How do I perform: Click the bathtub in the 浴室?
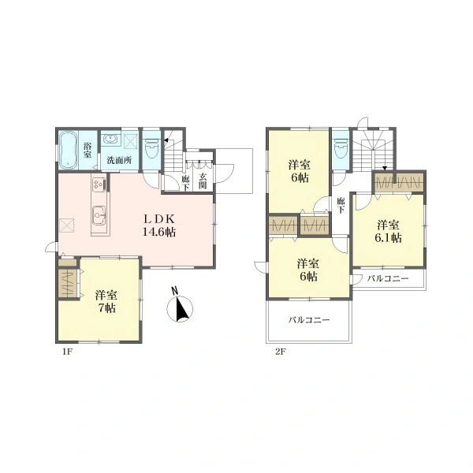(x=68, y=150)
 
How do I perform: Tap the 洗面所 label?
(x=120, y=160)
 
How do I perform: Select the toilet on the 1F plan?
(x=151, y=148)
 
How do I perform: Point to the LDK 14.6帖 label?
(x=159, y=225)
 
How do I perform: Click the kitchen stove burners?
(x=99, y=184)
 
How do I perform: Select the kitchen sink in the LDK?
(x=99, y=214)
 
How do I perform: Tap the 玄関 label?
(x=203, y=181)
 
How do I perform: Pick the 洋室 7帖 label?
(x=106, y=301)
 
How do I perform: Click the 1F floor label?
(x=67, y=352)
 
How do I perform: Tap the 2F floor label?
(x=280, y=352)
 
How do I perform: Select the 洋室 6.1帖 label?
(x=388, y=231)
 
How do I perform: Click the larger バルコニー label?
(x=309, y=320)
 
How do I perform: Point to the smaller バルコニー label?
(x=388, y=278)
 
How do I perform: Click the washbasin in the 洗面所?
(x=110, y=140)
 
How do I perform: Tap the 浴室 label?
(x=88, y=151)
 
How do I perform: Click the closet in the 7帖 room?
(x=68, y=283)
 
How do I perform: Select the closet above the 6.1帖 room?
(x=398, y=182)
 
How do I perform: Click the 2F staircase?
(x=374, y=150)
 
